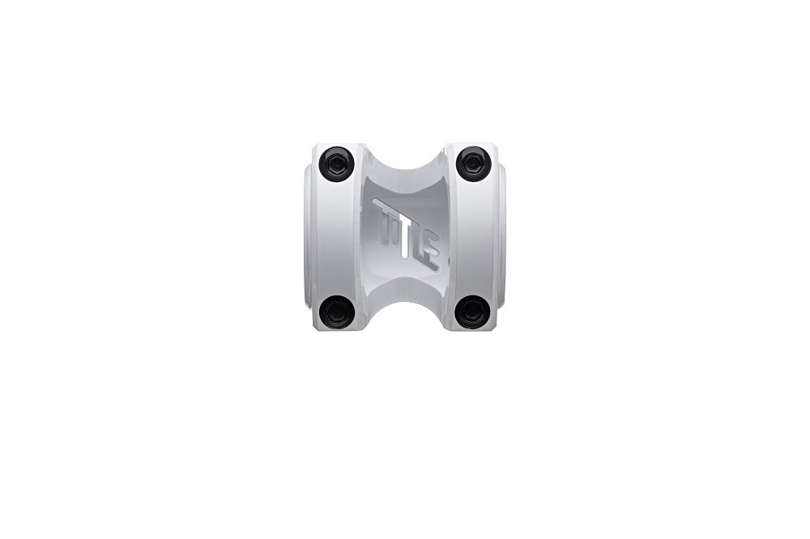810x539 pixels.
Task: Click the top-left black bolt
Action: pyautogui.click(x=336, y=163)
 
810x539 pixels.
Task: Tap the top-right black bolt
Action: pyautogui.click(x=473, y=163)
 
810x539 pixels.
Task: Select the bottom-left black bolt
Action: pyautogui.click(x=336, y=312)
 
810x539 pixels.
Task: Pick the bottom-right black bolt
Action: pyautogui.click(x=472, y=312)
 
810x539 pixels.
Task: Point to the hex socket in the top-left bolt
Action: pyautogui.click(x=336, y=164)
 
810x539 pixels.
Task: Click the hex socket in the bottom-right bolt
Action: pyautogui.click(x=472, y=312)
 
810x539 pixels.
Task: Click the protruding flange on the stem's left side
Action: pyautogui.click(x=309, y=239)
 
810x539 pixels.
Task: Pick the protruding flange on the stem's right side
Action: pyautogui.click(x=501, y=239)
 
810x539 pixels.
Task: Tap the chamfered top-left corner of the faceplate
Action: pyautogui.click(x=317, y=148)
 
